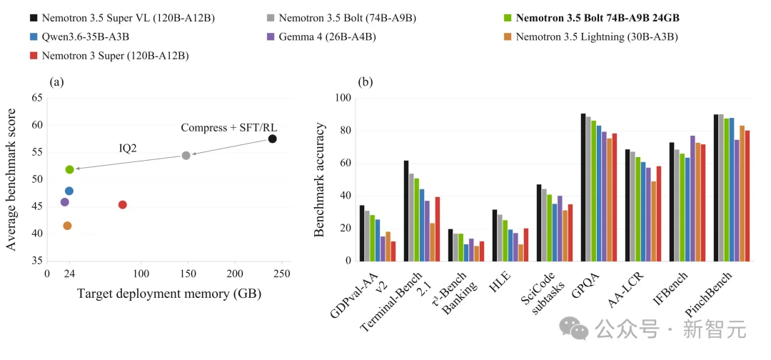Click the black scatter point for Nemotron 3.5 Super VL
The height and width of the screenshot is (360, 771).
click(x=273, y=139)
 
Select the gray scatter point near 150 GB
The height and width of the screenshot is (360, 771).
click(x=186, y=156)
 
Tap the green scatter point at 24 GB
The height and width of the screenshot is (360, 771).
click(x=69, y=170)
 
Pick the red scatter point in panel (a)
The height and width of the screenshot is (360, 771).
click(x=123, y=204)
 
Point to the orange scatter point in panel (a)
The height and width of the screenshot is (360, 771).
click(x=67, y=226)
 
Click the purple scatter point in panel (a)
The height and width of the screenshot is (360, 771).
click(x=64, y=202)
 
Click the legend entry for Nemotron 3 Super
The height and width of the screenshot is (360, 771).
click(x=109, y=56)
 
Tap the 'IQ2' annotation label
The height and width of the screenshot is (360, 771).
click(x=127, y=148)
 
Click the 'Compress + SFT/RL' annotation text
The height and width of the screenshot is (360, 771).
click(x=229, y=128)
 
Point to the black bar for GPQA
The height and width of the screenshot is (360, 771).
click(x=583, y=187)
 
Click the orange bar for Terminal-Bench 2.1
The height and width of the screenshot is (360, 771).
click(x=432, y=242)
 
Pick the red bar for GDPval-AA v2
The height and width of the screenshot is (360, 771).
click(x=393, y=251)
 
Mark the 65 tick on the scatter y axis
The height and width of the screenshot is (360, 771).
click(x=36, y=99)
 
